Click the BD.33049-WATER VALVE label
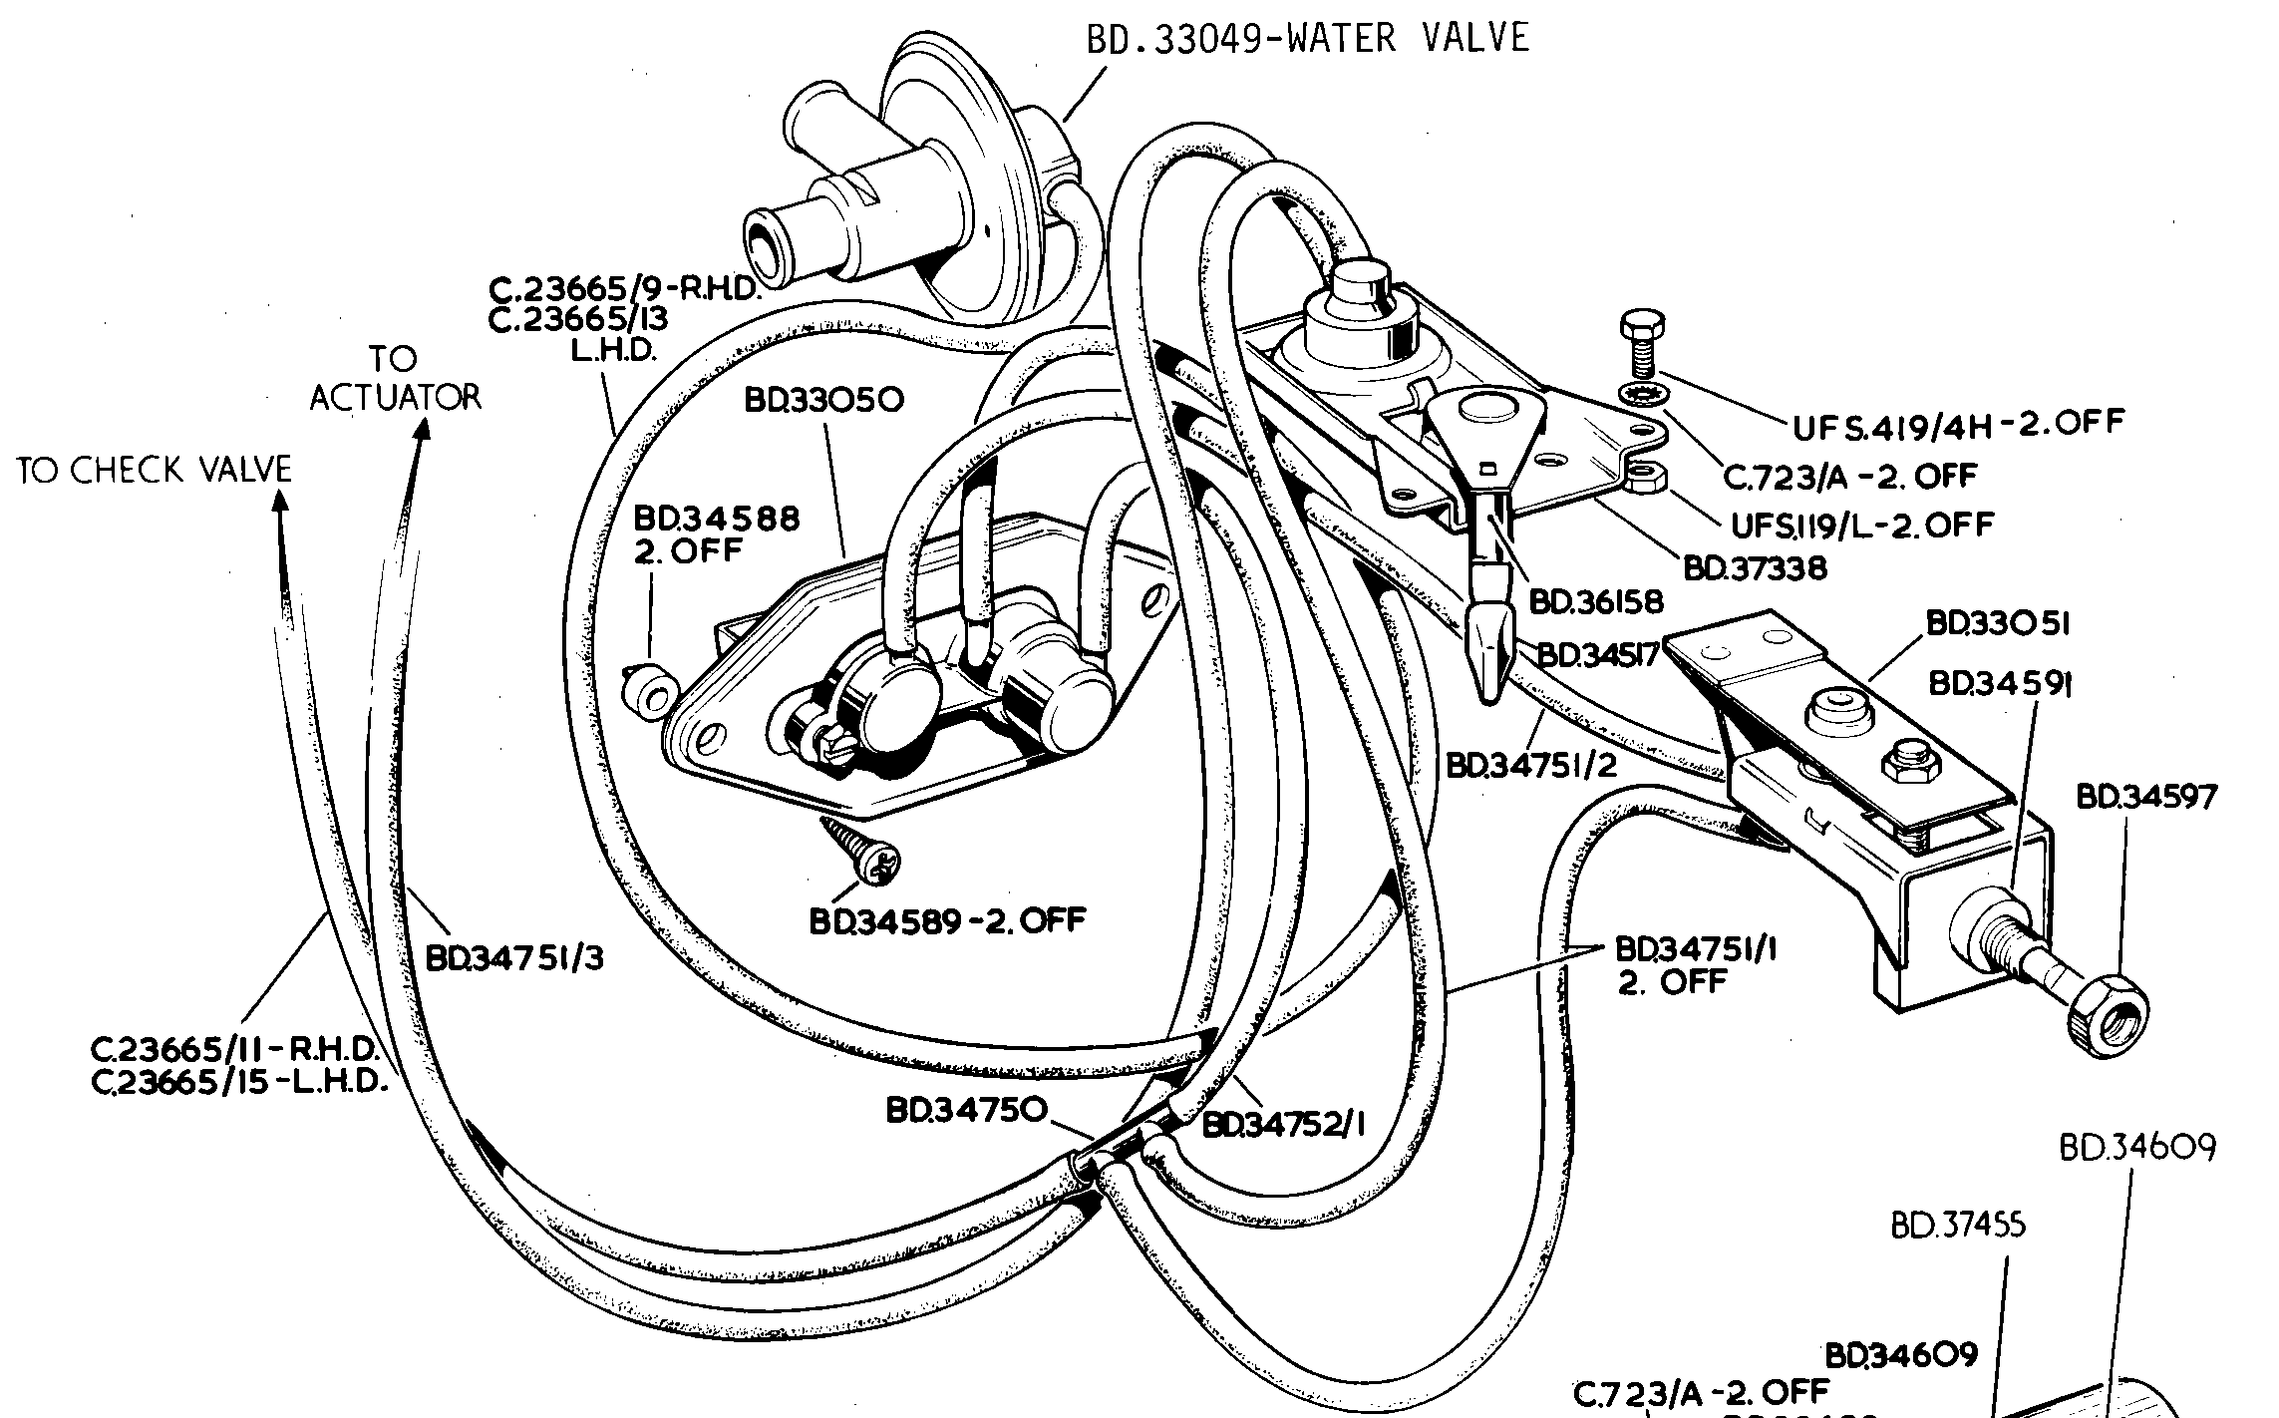[x=1307, y=38]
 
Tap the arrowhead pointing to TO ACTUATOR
[x=423, y=429]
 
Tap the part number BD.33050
[x=824, y=401]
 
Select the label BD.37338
[x=1756, y=568]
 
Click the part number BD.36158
[x=1596, y=603]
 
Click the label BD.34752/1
[x=1283, y=1125]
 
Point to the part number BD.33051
[x=1998, y=624]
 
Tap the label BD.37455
[x=1958, y=1225]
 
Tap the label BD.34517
[x=1597, y=655]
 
